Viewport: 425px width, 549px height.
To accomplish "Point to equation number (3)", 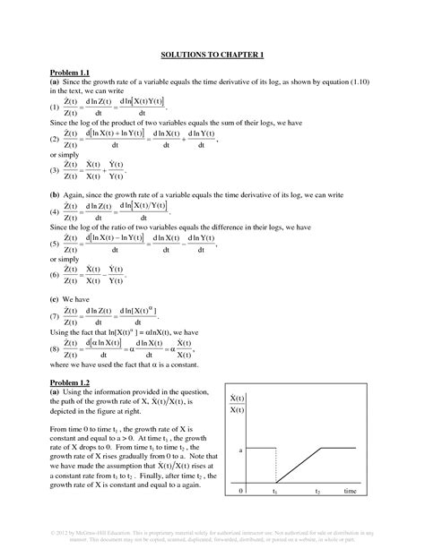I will coord(55,170).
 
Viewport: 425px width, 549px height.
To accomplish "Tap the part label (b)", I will coord(55,193).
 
